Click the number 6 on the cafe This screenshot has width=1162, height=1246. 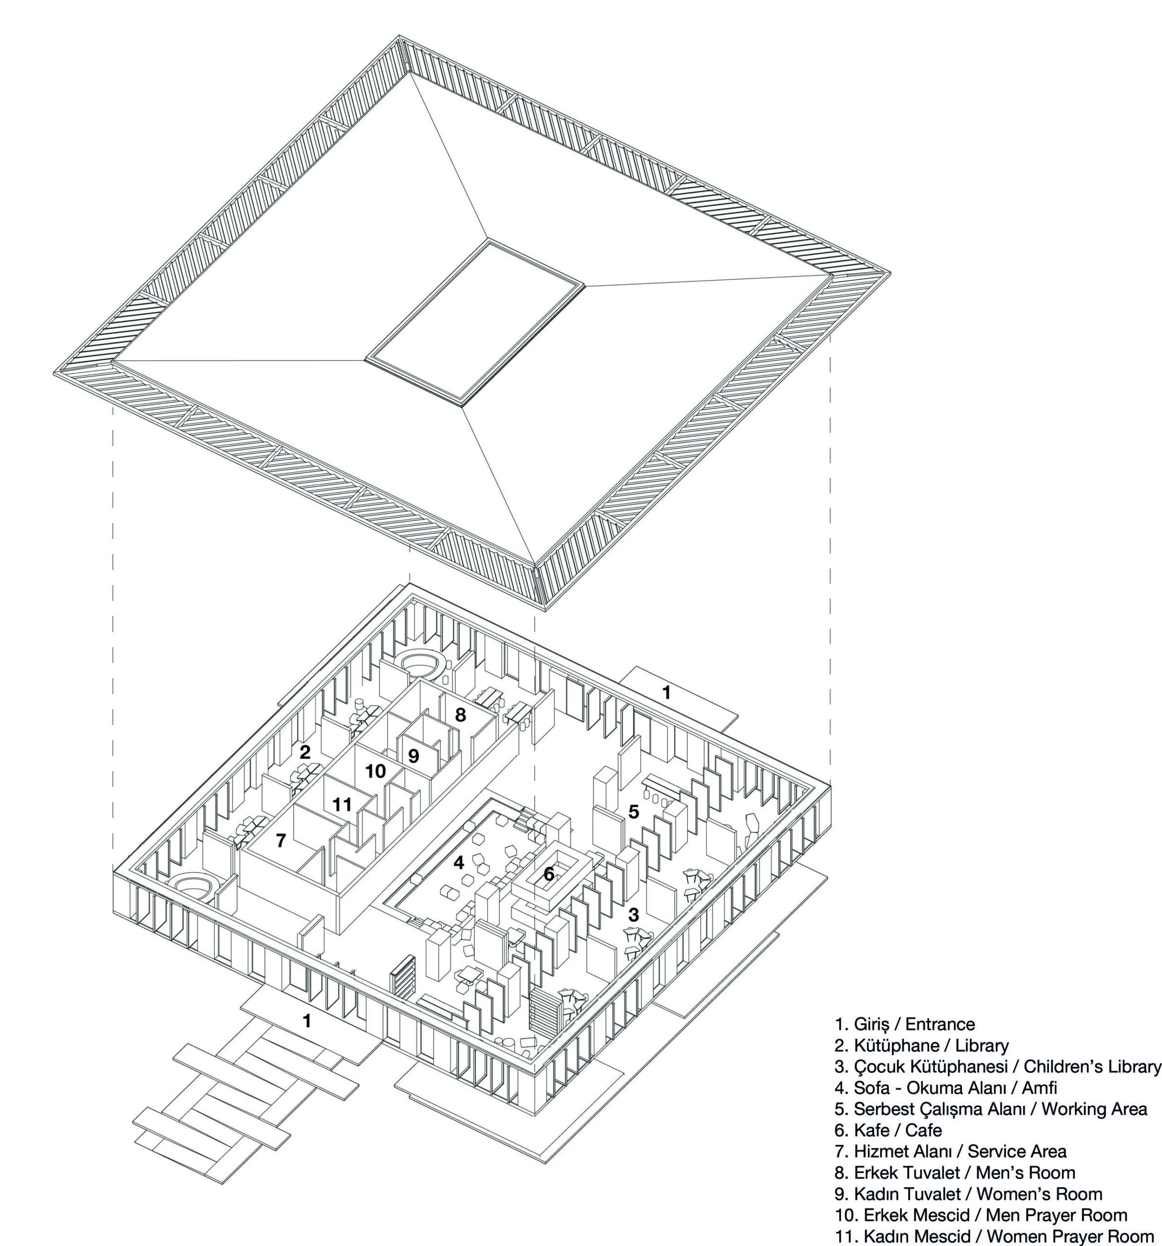coord(549,873)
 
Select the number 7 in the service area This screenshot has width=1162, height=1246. coord(281,841)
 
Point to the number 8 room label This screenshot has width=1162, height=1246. coord(460,715)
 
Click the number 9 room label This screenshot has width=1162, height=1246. coord(413,756)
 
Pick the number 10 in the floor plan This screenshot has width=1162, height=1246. coord(375,771)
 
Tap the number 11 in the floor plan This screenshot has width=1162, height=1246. coord(342,804)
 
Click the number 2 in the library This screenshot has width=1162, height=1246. coord(305,752)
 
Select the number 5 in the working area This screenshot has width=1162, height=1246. coord(634,812)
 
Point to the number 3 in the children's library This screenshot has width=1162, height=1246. coord(634,915)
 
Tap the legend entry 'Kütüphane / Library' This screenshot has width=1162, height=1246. coord(921,1045)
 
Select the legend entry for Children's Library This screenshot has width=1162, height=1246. coord(998,1067)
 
